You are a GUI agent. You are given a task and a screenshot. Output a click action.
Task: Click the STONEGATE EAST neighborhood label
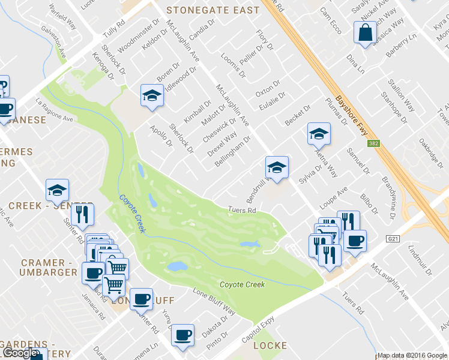[x=213, y=10]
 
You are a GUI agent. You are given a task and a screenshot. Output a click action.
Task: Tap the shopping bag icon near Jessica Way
[x=365, y=34]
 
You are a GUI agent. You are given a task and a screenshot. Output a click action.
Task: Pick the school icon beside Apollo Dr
[x=152, y=96]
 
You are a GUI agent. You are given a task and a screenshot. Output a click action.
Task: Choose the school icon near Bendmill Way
[x=277, y=167]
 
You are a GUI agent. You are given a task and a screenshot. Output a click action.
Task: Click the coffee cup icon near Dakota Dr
[x=183, y=335]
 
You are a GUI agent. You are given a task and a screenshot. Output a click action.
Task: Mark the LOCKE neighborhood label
[x=271, y=346]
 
